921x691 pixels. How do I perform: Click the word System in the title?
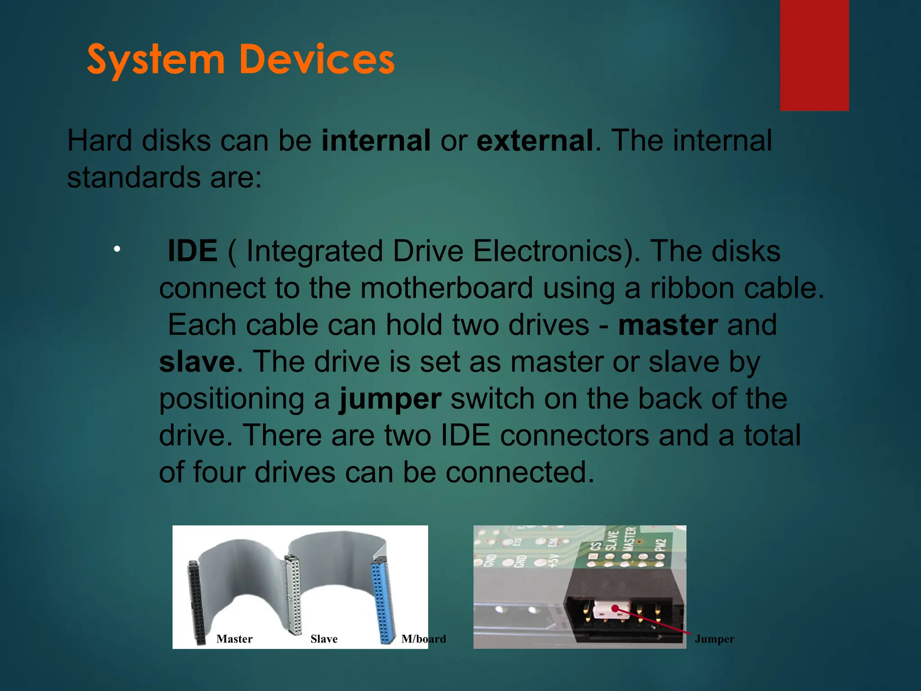tap(155, 60)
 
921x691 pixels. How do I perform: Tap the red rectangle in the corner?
tap(814, 55)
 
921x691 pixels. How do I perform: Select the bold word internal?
tap(376, 140)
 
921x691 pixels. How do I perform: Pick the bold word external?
tap(534, 140)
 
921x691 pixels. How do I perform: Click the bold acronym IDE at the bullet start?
tap(192, 251)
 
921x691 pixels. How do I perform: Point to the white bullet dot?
tap(117, 249)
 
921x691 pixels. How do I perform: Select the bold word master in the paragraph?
tap(668, 325)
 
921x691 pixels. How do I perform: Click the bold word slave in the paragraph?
tap(197, 362)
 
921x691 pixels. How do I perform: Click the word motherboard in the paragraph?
tap(446, 288)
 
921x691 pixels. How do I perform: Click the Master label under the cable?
tap(234, 639)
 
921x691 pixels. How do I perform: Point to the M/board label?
tap(423, 639)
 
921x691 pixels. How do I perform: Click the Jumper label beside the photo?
tap(714, 639)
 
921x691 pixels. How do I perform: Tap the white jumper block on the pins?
tap(605, 610)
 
